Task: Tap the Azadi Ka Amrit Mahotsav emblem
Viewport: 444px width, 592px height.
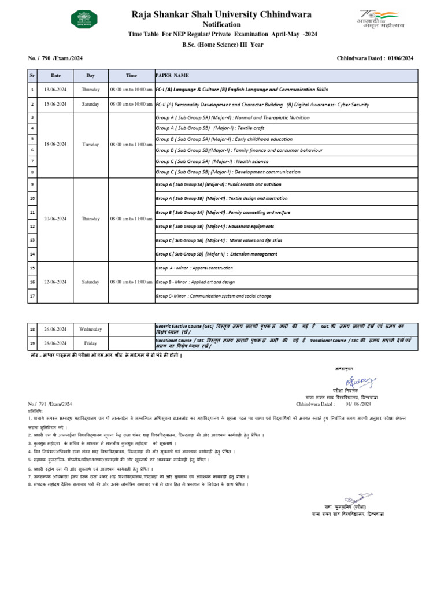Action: [380, 18]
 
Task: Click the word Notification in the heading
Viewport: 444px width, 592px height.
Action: [221, 25]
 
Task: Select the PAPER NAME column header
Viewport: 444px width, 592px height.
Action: [172, 75]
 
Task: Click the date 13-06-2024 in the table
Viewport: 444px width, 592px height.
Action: [55, 90]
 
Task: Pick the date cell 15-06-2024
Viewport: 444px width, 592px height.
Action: [55, 104]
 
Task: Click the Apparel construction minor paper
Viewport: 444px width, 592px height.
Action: [194, 268]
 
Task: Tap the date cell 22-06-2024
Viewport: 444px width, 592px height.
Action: [55, 282]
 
